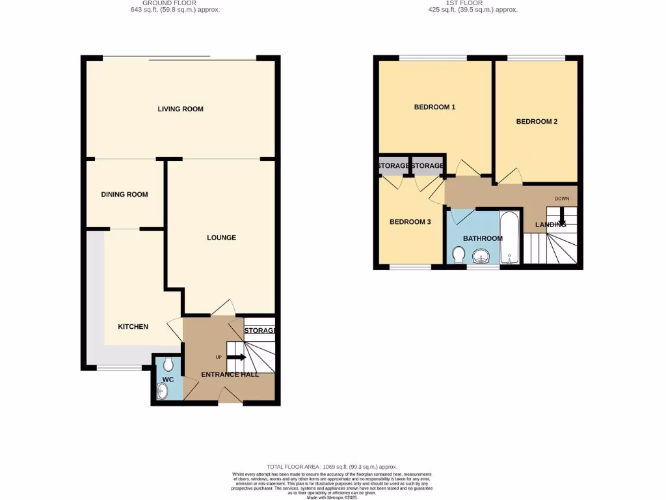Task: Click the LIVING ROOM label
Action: click(x=180, y=109)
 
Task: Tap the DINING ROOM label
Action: click(x=124, y=194)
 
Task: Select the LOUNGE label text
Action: click(x=221, y=238)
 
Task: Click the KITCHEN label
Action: click(x=133, y=326)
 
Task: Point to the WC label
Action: click(x=167, y=379)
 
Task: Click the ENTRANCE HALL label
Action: click(x=230, y=374)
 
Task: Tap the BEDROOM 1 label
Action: click(x=434, y=107)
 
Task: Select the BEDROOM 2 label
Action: click(x=537, y=121)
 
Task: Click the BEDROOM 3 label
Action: click(x=410, y=222)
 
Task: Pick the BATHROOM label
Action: click(x=483, y=238)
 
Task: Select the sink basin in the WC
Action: click(x=161, y=391)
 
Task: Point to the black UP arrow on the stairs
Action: click(x=235, y=357)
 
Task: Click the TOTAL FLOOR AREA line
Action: click(x=332, y=467)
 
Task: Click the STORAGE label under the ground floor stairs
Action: click(x=260, y=331)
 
